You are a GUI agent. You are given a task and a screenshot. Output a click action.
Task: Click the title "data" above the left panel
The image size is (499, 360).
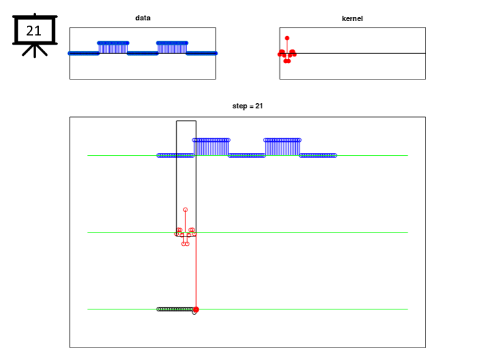(x=143, y=18)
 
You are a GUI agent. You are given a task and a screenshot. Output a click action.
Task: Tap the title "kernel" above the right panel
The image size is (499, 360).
(x=352, y=18)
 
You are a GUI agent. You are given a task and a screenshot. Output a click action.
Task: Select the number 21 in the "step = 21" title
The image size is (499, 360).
(x=259, y=106)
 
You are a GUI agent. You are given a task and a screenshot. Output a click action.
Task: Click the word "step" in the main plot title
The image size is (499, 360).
(x=239, y=106)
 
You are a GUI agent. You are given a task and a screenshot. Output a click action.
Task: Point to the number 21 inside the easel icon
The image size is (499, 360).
(x=34, y=31)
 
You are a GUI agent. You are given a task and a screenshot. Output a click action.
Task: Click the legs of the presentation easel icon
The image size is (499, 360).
(x=35, y=50)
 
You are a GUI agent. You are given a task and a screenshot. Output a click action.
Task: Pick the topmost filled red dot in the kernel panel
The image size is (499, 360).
(x=287, y=38)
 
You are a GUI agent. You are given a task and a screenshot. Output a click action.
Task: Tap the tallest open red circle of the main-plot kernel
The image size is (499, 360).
(x=185, y=210)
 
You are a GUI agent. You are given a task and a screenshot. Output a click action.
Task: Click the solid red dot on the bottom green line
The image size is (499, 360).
(x=196, y=309)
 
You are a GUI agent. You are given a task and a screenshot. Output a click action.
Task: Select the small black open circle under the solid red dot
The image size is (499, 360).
(x=195, y=313)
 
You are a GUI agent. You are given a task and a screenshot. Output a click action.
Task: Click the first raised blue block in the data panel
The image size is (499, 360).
(x=113, y=48)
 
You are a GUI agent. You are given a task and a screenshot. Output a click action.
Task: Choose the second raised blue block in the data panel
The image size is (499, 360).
(x=172, y=48)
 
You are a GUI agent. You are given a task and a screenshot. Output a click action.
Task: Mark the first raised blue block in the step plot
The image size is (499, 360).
(x=211, y=147)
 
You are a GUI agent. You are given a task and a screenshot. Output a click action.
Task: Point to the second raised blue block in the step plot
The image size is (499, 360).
(x=282, y=147)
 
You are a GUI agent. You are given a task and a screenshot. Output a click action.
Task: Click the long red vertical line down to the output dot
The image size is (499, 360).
(x=196, y=271)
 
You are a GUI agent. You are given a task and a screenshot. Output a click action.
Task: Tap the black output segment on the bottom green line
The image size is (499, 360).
(x=176, y=309)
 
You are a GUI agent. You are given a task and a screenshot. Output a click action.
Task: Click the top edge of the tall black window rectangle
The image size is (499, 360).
(x=186, y=121)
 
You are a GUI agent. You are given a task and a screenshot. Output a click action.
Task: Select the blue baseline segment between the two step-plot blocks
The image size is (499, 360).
(x=247, y=156)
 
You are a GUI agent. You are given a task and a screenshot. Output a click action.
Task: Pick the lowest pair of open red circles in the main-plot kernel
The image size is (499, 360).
(x=185, y=244)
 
